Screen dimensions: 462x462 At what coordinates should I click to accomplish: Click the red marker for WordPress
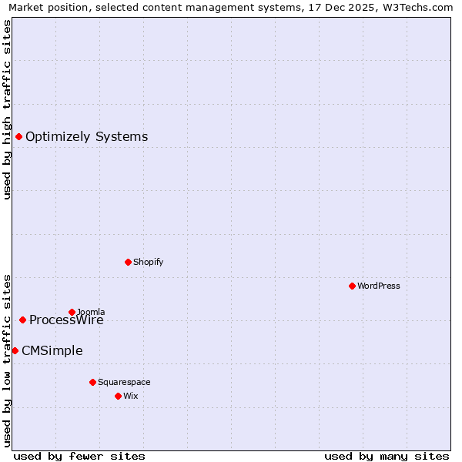352,286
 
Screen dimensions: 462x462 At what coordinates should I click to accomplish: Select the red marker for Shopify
128,262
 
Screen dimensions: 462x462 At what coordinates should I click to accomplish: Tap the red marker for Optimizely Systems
18,136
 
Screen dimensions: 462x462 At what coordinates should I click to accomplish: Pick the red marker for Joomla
72,312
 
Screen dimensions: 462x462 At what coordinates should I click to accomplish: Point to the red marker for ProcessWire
22,320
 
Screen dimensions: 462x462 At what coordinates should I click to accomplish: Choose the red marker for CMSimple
15,350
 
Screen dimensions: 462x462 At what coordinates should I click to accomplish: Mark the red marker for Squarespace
92,382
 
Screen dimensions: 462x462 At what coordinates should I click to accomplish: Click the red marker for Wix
118,396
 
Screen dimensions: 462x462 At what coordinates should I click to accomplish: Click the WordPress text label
379,286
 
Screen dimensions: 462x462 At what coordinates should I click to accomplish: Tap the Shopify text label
149,262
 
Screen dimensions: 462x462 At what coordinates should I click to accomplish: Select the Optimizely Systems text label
86,137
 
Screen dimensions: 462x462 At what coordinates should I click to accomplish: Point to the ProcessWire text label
66,320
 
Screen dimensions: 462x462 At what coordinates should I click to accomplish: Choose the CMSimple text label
52,351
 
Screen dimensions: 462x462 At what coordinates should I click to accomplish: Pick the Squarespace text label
124,382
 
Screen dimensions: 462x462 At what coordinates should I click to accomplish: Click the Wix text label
131,396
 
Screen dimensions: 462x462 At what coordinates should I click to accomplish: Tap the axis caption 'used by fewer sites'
79,456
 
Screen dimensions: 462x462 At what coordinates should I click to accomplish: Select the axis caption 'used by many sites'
387,456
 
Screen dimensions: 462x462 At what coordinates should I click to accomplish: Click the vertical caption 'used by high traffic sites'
8,109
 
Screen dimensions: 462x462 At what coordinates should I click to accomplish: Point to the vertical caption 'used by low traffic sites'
8,359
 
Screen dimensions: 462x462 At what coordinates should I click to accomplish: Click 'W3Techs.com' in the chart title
419,8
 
